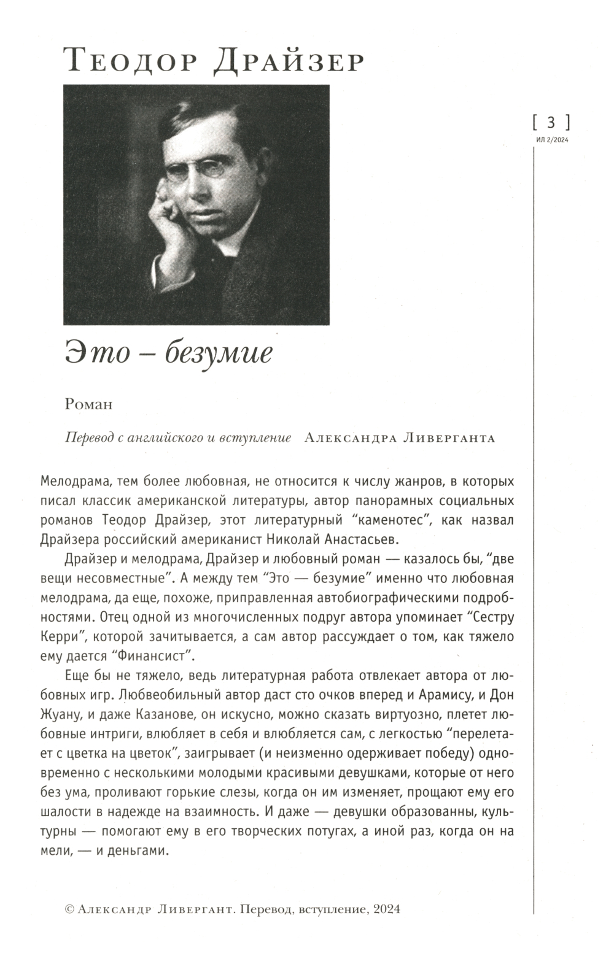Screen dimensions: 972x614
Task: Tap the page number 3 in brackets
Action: (550, 121)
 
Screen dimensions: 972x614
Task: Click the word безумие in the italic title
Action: (219, 355)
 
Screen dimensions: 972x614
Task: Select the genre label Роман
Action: (88, 404)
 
